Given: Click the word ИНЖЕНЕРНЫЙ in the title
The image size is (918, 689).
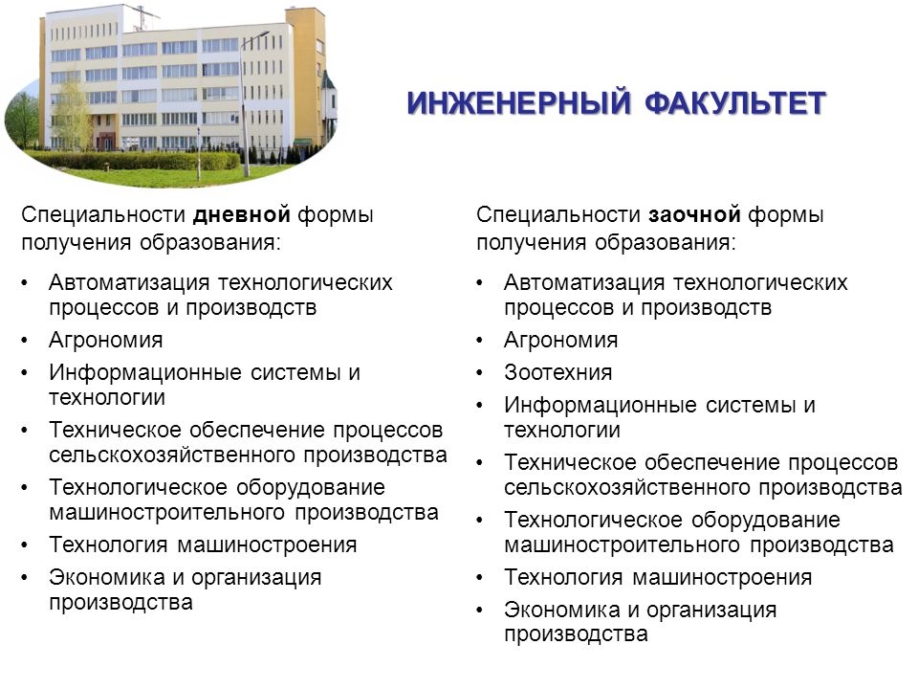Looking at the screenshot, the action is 519,103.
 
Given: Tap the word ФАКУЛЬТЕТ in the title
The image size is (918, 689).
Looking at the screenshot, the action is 736,103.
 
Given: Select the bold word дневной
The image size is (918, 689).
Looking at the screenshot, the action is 242,215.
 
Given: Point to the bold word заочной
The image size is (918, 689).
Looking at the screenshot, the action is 695,215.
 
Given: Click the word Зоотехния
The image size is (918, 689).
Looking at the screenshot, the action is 557,372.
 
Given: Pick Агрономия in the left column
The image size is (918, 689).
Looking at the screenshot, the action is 106,341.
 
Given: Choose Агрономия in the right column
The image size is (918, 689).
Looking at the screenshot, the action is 561,341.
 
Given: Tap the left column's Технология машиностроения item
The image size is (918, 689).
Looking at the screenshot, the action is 203,545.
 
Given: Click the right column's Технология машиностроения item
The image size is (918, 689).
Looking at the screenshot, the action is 658,578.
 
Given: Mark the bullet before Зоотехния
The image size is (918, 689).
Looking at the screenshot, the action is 480,373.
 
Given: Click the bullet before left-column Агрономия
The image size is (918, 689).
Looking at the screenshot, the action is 25,341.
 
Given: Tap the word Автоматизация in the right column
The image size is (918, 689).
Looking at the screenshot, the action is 584,283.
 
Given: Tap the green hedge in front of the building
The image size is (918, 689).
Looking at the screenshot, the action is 134,160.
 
